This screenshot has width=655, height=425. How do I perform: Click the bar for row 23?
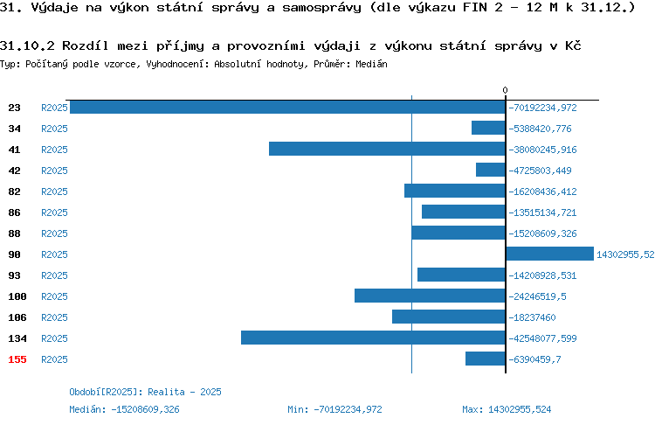pyautogui.click(x=287, y=107)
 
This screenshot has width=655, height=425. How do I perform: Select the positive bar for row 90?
pyautogui.click(x=549, y=254)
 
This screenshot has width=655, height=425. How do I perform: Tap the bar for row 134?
pyautogui.click(x=373, y=338)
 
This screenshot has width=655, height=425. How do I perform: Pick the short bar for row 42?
pyautogui.click(x=491, y=170)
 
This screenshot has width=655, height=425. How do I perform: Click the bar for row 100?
pyautogui.click(x=430, y=296)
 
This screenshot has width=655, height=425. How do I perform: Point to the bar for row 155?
pyautogui.click(x=486, y=359)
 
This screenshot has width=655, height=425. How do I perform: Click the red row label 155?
pyautogui.click(x=17, y=359)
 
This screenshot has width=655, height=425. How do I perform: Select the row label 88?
pyautogui.click(x=14, y=233)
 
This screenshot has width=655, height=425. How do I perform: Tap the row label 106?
pyautogui.click(x=17, y=317)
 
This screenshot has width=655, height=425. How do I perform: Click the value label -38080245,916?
pyautogui.click(x=542, y=150)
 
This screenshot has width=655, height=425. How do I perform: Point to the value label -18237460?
pyautogui.click(x=532, y=317)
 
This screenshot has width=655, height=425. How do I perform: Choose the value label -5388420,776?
pyautogui.click(x=540, y=129)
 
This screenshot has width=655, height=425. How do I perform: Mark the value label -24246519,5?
pyautogui.click(x=537, y=296)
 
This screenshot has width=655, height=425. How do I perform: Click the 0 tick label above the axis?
pyautogui.click(x=505, y=90)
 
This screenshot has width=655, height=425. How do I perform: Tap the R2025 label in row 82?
pyautogui.click(x=54, y=192)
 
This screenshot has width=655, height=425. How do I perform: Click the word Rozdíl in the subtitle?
pyautogui.click(x=86, y=45)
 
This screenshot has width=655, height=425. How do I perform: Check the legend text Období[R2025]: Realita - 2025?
pyautogui.click(x=145, y=392)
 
